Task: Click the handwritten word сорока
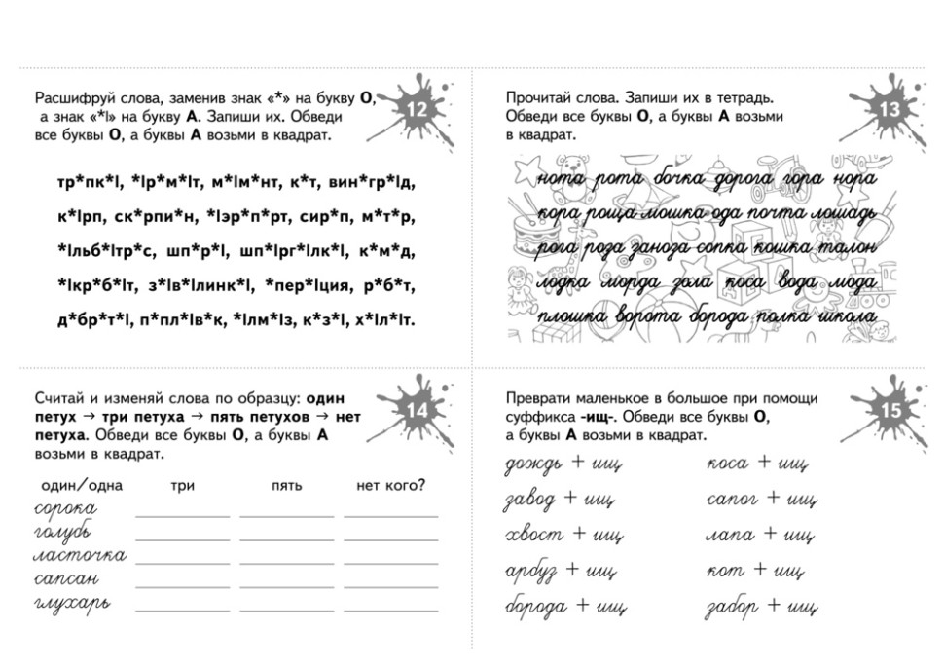[65, 508]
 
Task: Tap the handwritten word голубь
[63, 533]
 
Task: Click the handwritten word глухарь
[70, 603]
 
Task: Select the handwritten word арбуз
[531, 571]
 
